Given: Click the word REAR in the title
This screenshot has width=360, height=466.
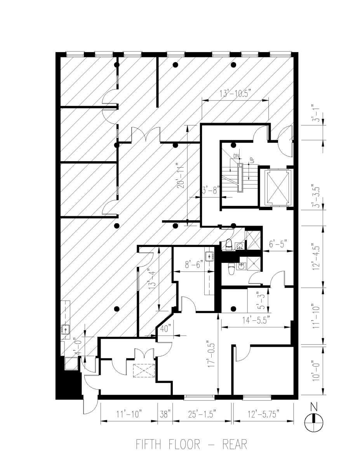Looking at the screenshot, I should click(x=235, y=444).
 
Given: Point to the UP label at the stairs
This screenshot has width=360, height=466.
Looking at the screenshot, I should click(x=251, y=159).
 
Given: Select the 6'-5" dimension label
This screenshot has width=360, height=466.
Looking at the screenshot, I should click(x=278, y=244).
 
